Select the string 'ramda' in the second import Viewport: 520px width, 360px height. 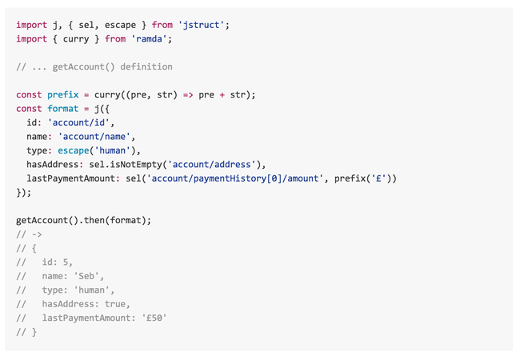click(151, 38)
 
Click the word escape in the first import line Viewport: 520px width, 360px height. click(120, 25)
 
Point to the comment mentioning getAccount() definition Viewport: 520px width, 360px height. click(94, 66)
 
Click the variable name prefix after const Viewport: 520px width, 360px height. click(62, 94)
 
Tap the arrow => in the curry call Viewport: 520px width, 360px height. click(187, 94)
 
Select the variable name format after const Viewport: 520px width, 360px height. click(62, 108)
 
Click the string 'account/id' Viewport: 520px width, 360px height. click(81, 122)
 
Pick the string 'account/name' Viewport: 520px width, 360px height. click(94, 136)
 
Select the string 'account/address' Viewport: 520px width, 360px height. click(214, 164)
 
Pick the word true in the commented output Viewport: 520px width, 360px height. click(118, 304)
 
